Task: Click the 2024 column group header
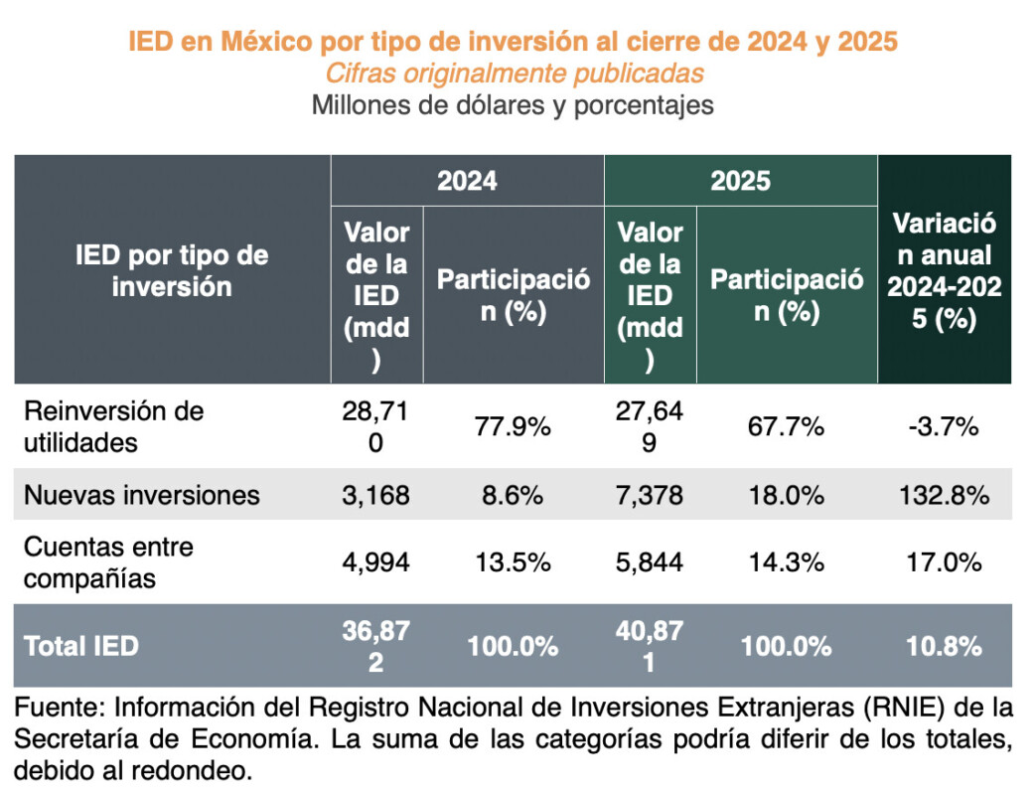467,181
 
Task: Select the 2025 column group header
740,181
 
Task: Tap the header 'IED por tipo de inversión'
172,270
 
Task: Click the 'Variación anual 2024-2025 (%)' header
944,270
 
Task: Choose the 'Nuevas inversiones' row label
141,494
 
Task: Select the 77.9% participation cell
513,427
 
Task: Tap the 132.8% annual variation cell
944,494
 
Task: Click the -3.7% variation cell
944,427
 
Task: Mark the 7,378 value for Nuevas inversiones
650,494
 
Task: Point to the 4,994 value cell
376,562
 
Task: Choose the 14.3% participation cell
786,562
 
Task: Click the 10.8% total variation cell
944,645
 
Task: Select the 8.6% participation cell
513,494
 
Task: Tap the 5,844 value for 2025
650,562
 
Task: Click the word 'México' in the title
267,43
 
